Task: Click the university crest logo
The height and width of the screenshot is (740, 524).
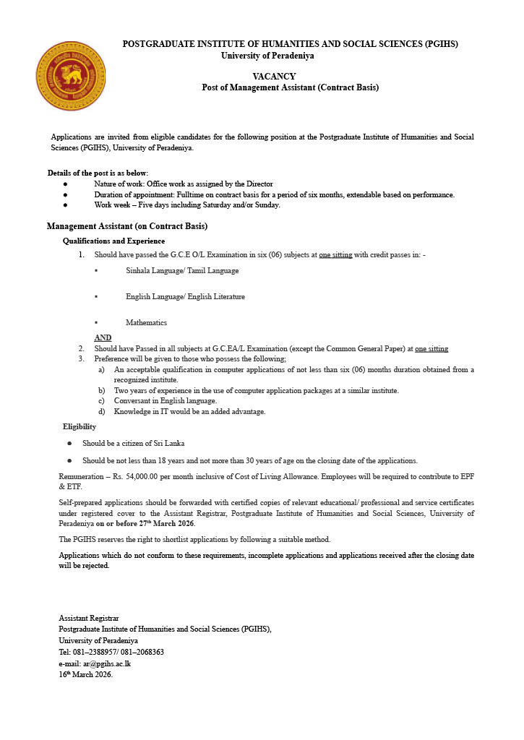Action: coord(71,75)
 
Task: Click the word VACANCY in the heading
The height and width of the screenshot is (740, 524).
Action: coord(274,76)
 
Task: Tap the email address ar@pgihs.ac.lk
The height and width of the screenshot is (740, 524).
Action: coord(106,663)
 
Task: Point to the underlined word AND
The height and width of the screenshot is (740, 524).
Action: coord(103,337)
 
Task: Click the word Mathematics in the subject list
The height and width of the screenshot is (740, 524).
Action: coord(146,322)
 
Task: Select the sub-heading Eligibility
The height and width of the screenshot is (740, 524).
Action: coord(80,426)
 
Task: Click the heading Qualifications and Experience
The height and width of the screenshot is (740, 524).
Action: coord(113,241)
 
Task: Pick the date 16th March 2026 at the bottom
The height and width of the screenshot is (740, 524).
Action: coord(85,675)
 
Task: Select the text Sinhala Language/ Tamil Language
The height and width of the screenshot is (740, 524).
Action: coord(182,270)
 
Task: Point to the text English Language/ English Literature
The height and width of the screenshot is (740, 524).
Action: coord(185,296)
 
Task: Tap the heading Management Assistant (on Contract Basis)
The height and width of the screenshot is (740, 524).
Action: coord(127,226)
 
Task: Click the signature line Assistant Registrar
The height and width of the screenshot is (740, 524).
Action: coord(88,618)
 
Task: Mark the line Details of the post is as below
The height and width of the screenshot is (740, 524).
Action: coord(98,173)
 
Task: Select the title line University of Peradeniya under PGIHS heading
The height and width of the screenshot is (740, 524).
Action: coord(267,56)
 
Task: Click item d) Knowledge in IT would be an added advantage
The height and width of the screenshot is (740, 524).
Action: coord(189,412)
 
